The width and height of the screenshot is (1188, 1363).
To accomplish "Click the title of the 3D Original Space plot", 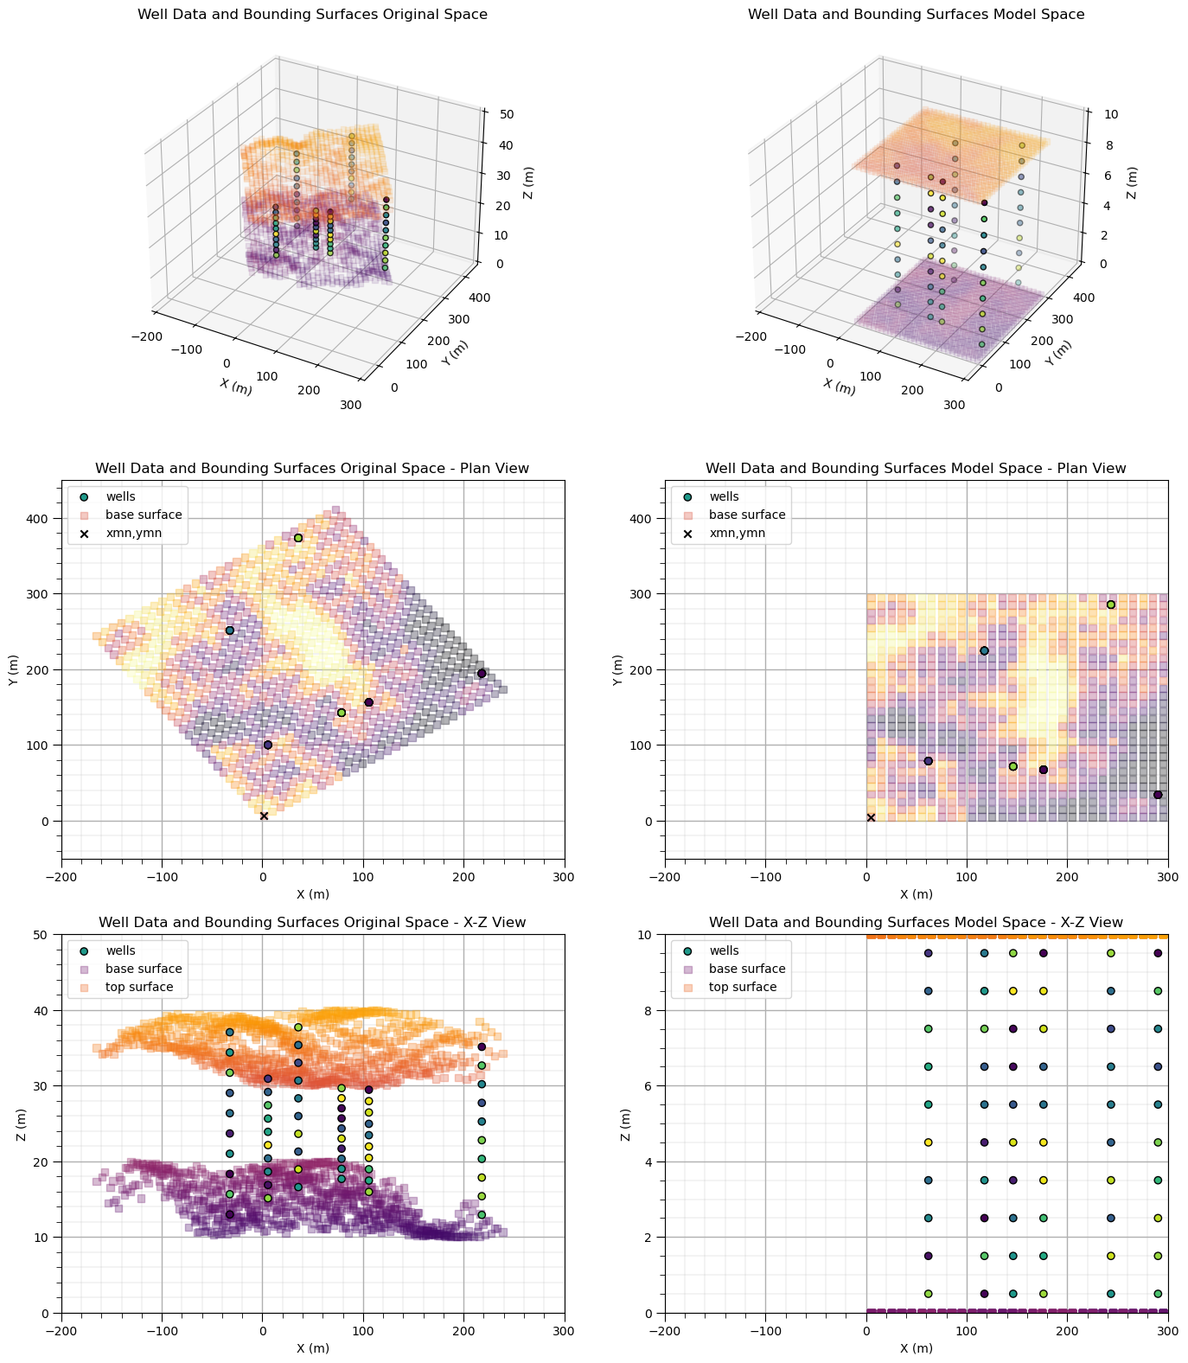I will (x=312, y=15).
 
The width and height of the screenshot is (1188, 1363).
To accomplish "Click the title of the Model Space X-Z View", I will (x=916, y=923).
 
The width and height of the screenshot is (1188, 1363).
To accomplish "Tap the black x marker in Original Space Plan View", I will (x=264, y=816).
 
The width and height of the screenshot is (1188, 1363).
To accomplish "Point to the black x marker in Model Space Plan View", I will (x=871, y=817).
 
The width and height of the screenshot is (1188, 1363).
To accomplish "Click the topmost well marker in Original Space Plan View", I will (x=298, y=538).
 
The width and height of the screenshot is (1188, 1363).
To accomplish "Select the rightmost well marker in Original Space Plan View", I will (x=482, y=673).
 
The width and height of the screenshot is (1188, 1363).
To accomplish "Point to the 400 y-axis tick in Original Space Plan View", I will (x=42, y=519).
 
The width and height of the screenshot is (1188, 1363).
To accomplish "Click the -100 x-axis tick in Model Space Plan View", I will (x=765, y=876).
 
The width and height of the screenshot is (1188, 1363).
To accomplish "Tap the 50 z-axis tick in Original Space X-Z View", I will (x=43, y=935).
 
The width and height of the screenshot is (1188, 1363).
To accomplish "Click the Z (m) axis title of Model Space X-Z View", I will (x=625, y=1123).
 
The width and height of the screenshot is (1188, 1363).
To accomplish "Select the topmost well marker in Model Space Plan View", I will (x=1111, y=605).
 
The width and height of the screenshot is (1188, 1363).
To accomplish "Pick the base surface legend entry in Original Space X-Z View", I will (x=143, y=969).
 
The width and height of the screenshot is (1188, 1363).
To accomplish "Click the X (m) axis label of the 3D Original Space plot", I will (x=236, y=387).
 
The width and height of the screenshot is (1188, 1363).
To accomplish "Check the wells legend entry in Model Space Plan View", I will (x=725, y=496).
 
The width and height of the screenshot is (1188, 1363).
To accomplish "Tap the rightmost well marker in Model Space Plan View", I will (x=1158, y=795).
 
